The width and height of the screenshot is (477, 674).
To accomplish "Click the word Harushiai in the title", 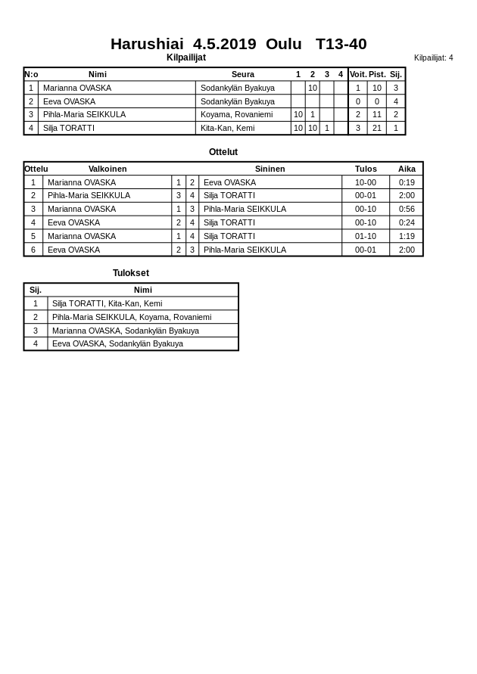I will [147, 44].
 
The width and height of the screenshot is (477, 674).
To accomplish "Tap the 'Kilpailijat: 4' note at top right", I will [433, 57].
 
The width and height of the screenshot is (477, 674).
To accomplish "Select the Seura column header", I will [242, 74].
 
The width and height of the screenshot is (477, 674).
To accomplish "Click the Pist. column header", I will [377, 74].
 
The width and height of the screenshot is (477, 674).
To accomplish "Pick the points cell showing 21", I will [377, 128].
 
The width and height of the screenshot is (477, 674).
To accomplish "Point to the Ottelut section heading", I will [223, 152].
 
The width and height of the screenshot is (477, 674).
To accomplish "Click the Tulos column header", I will [366, 169].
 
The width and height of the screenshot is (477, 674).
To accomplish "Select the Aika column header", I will [407, 169].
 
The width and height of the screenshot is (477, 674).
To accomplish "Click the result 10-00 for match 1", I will [366, 182].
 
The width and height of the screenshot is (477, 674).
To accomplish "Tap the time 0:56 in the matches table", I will [407, 209].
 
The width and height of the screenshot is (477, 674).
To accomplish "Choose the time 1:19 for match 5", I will [407, 236].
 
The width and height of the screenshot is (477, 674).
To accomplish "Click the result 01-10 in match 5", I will [366, 236].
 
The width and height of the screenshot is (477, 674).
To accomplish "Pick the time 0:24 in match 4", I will [407, 222].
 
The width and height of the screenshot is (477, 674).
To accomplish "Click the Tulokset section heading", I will [131, 273].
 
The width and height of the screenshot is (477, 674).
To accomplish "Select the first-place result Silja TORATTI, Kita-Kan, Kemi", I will [107, 303].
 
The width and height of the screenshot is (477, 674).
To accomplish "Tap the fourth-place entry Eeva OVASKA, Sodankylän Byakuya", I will [117, 343].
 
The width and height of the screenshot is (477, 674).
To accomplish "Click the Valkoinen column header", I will [108, 169].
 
